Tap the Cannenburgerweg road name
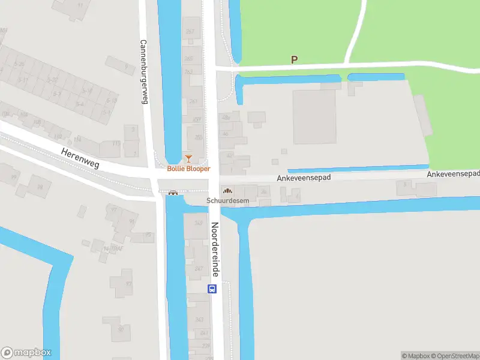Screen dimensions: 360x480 pyautogui.click(x=144, y=72)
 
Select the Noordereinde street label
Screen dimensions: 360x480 pyautogui.click(x=214, y=250)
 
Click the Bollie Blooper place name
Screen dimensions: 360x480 pyautogui.click(x=188, y=169)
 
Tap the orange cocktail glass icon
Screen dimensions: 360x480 pyautogui.click(x=188, y=158)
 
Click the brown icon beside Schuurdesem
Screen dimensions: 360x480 pyautogui.click(x=226, y=190)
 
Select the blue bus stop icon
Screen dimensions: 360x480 pyautogui.click(x=212, y=289)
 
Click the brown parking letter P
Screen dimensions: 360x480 pyautogui.click(x=294, y=59)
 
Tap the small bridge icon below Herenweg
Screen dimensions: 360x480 pyautogui.click(x=173, y=193)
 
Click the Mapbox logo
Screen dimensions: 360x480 pyautogui.click(x=26, y=352)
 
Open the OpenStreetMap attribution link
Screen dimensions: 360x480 pyautogui.click(x=454, y=356)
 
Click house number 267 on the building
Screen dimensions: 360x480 pyautogui.click(x=190, y=32)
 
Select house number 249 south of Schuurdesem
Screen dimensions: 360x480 pyautogui.click(x=199, y=223)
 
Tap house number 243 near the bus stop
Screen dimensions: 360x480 pyautogui.click(x=199, y=319)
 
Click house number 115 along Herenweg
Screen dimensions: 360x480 pyautogui.click(x=116, y=143)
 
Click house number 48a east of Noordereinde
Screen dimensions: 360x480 pyautogui.click(x=226, y=118)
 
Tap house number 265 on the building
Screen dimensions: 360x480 pyautogui.click(x=188, y=58)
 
